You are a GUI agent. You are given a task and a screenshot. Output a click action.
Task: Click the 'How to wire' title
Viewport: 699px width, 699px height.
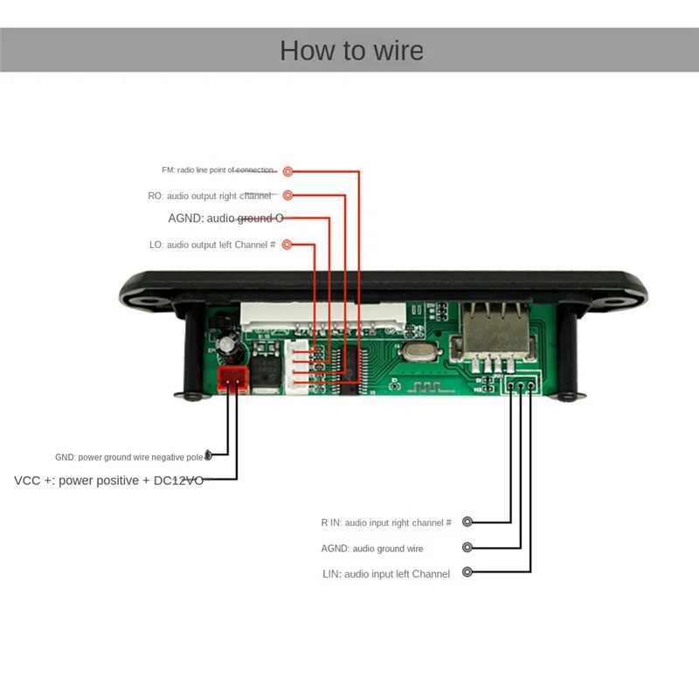click(x=351, y=50)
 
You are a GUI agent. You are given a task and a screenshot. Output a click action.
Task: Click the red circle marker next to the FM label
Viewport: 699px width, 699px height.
click(x=287, y=172)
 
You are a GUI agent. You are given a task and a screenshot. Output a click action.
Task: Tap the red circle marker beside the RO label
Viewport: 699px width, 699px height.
click(x=287, y=196)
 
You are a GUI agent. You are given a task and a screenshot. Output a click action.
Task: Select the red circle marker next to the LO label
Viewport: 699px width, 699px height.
click(x=287, y=246)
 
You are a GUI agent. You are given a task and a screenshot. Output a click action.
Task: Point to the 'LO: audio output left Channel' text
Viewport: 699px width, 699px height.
click(x=212, y=246)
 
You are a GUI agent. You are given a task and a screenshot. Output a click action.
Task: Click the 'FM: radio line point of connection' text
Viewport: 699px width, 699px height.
click(x=218, y=170)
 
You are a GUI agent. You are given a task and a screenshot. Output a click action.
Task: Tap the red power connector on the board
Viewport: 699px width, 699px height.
click(x=232, y=377)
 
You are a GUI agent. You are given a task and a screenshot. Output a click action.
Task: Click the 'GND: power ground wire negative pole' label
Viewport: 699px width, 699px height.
click(x=129, y=457)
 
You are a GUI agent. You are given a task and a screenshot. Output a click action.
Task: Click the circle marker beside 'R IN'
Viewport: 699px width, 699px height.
click(x=467, y=522)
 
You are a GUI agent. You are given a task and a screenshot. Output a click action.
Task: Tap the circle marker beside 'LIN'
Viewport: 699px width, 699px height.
click(x=467, y=572)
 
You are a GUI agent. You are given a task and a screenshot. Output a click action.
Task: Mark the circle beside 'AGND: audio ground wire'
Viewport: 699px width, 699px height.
click(x=467, y=548)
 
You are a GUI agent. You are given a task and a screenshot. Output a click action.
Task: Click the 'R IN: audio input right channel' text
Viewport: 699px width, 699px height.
click(x=385, y=523)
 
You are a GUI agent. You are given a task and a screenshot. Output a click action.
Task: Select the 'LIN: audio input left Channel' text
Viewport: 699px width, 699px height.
click(x=386, y=574)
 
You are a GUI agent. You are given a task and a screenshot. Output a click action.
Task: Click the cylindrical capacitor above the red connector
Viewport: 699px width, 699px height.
click(x=227, y=346)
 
